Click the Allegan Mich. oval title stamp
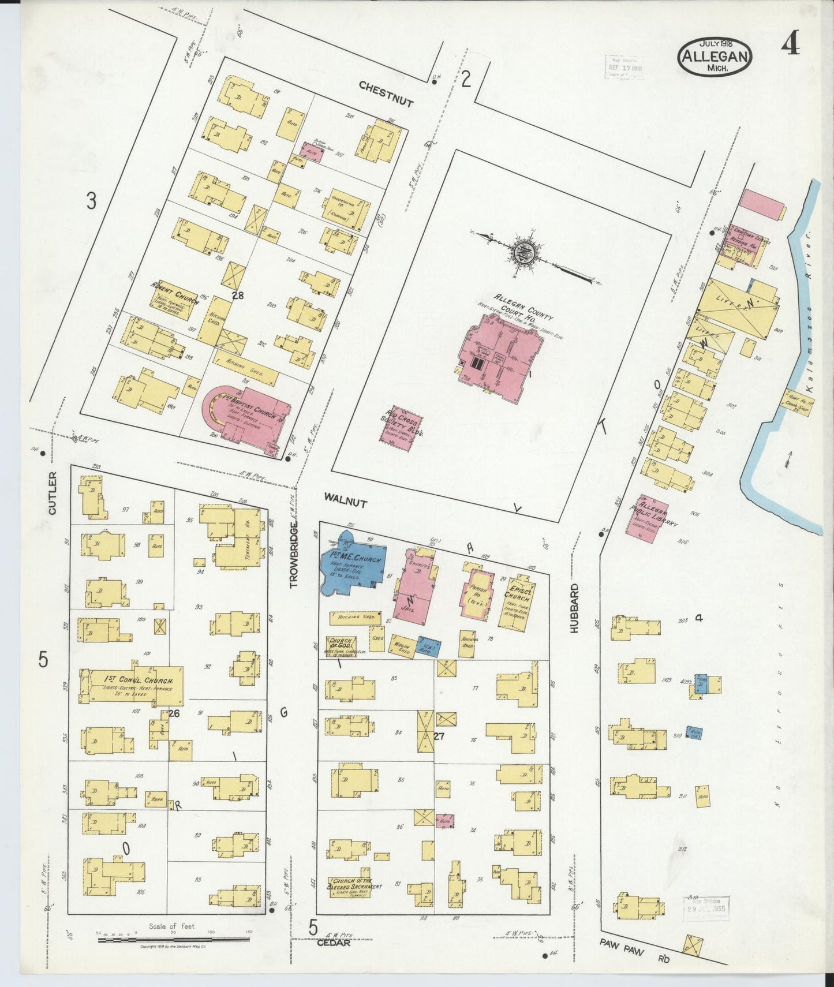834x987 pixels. pos(716,57)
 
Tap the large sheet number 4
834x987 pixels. pos(791,43)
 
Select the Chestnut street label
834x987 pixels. pos(386,93)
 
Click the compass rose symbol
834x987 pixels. pos(524,252)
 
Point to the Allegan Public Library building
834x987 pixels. pos(650,517)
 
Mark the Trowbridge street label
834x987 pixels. pos(294,555)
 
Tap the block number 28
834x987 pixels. pos(237,295)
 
